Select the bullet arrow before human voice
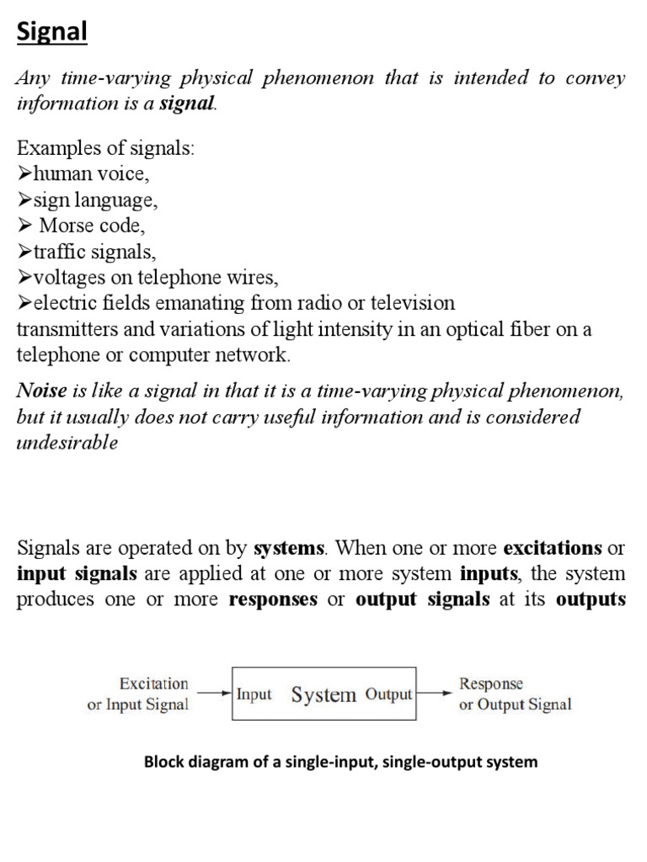[x=24, y=175]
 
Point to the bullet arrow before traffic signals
[x=24, y=252]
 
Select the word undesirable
[x=67, y=443]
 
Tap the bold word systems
[x=289, y=548]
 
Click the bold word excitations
[x=552, y=548]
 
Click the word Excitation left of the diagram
[x=154, y=683]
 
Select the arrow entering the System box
[x=213, y=694]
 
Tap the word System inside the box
[x=323, y=694]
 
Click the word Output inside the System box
[x=388, y=694]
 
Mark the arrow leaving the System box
[x=435, y=694]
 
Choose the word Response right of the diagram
[x=490, y=684]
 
